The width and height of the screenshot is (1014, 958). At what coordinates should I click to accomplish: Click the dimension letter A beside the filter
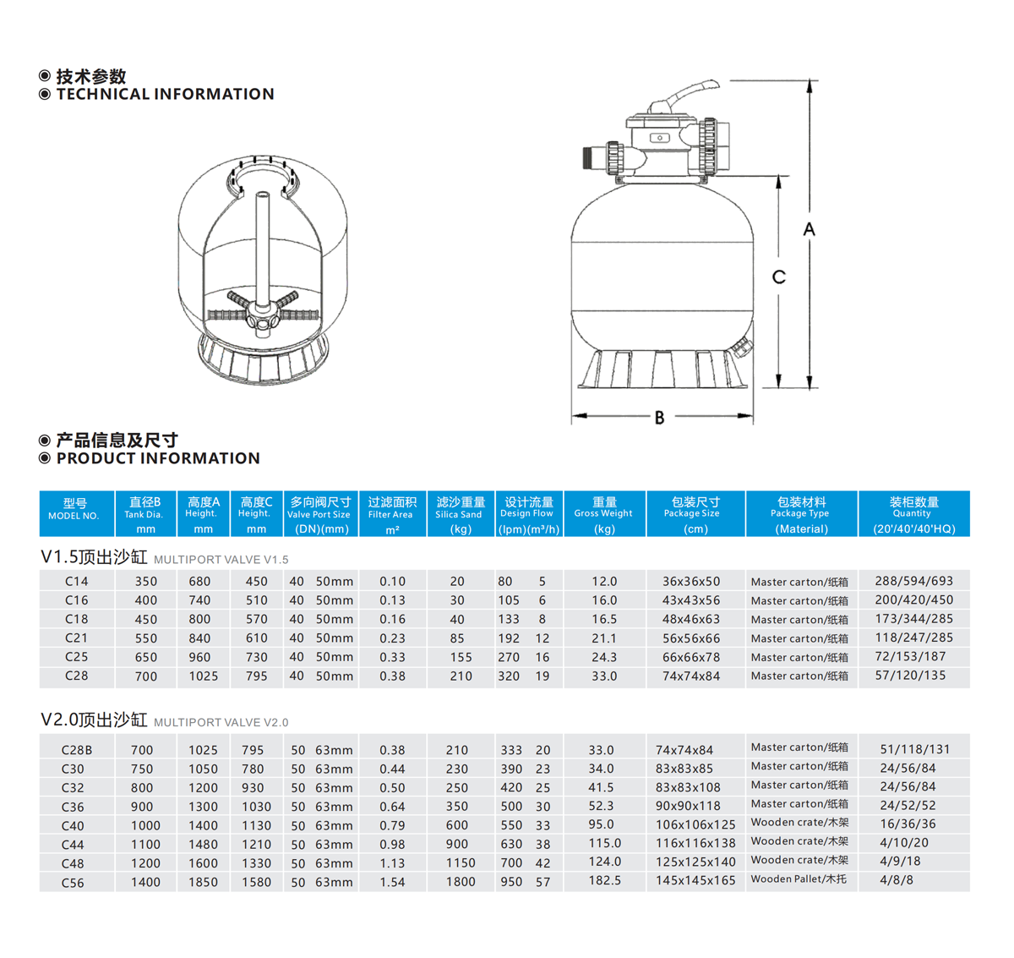click(809, 229)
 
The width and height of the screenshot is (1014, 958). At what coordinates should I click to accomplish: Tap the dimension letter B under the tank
click(660, 418)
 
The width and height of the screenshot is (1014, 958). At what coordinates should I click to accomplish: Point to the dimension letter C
click(778, 277)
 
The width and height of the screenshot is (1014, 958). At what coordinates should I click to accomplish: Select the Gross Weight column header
click(604, 513)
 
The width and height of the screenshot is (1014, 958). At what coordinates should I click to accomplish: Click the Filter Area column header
click(391, 513)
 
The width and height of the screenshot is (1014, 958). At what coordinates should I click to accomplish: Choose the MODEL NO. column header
click(74, 513)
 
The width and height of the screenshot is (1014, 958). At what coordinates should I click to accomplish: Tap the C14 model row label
click(77, 582)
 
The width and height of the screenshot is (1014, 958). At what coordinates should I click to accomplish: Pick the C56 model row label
click(73, 883)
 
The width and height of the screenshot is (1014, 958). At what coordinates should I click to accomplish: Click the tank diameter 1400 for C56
click(145, 883)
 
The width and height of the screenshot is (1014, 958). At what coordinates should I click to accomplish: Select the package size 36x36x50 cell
click(691, 582)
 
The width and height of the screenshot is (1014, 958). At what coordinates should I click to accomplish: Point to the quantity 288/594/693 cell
click(914, 581)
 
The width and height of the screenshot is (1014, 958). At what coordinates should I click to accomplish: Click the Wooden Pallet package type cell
click(799, 879)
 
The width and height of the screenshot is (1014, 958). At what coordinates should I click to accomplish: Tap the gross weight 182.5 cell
click(604, 881)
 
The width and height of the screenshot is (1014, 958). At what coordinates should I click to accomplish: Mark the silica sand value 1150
click(461, 863)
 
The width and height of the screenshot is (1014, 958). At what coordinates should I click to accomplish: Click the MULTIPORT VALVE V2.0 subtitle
click(221, 722)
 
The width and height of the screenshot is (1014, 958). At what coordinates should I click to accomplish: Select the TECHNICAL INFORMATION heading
click(166, 94)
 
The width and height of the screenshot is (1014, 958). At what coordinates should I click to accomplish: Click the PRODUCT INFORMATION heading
click(158, 458)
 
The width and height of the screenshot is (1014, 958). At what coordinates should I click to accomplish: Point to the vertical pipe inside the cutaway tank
click(263, 249)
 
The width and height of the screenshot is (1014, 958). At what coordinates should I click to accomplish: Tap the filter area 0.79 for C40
click(392, 825)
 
